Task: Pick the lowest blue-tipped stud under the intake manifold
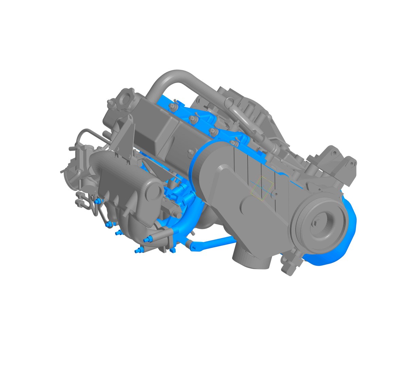pyautogui.click(x=137, y=251)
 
